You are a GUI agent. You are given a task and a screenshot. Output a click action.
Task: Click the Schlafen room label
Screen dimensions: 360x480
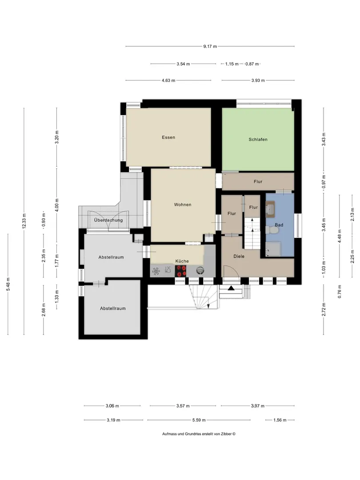258,139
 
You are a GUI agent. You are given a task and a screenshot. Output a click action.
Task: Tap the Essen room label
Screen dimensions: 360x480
168,137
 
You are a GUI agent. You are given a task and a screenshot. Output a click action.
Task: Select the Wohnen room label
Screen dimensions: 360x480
183,204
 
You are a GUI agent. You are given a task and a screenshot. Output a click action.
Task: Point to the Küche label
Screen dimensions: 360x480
182,261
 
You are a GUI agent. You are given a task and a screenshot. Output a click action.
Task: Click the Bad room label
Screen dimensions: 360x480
279,225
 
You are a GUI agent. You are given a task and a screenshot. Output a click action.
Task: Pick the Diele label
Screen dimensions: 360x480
239,256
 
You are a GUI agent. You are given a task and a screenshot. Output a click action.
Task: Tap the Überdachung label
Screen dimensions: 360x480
108,220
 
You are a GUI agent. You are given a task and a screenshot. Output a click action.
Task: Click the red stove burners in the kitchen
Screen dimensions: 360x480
180,271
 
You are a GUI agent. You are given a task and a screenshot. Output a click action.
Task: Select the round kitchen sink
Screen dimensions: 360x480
200,270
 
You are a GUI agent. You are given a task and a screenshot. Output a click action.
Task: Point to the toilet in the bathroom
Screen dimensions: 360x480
269,230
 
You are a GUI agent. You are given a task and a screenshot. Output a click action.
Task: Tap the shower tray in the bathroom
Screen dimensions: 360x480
273,249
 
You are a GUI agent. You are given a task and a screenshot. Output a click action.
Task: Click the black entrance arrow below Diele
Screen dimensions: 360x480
231,288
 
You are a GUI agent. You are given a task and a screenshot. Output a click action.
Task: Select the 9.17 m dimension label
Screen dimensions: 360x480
210,47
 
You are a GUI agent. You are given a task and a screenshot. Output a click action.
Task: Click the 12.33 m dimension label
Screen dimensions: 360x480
24,221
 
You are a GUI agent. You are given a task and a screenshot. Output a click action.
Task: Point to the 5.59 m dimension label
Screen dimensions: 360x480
199,420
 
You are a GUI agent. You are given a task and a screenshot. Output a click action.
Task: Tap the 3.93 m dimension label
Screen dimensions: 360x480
258,80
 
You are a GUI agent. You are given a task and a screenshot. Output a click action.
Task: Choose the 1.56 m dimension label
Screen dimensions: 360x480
280,420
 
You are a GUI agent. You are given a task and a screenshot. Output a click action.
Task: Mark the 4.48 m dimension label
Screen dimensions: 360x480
340,236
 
